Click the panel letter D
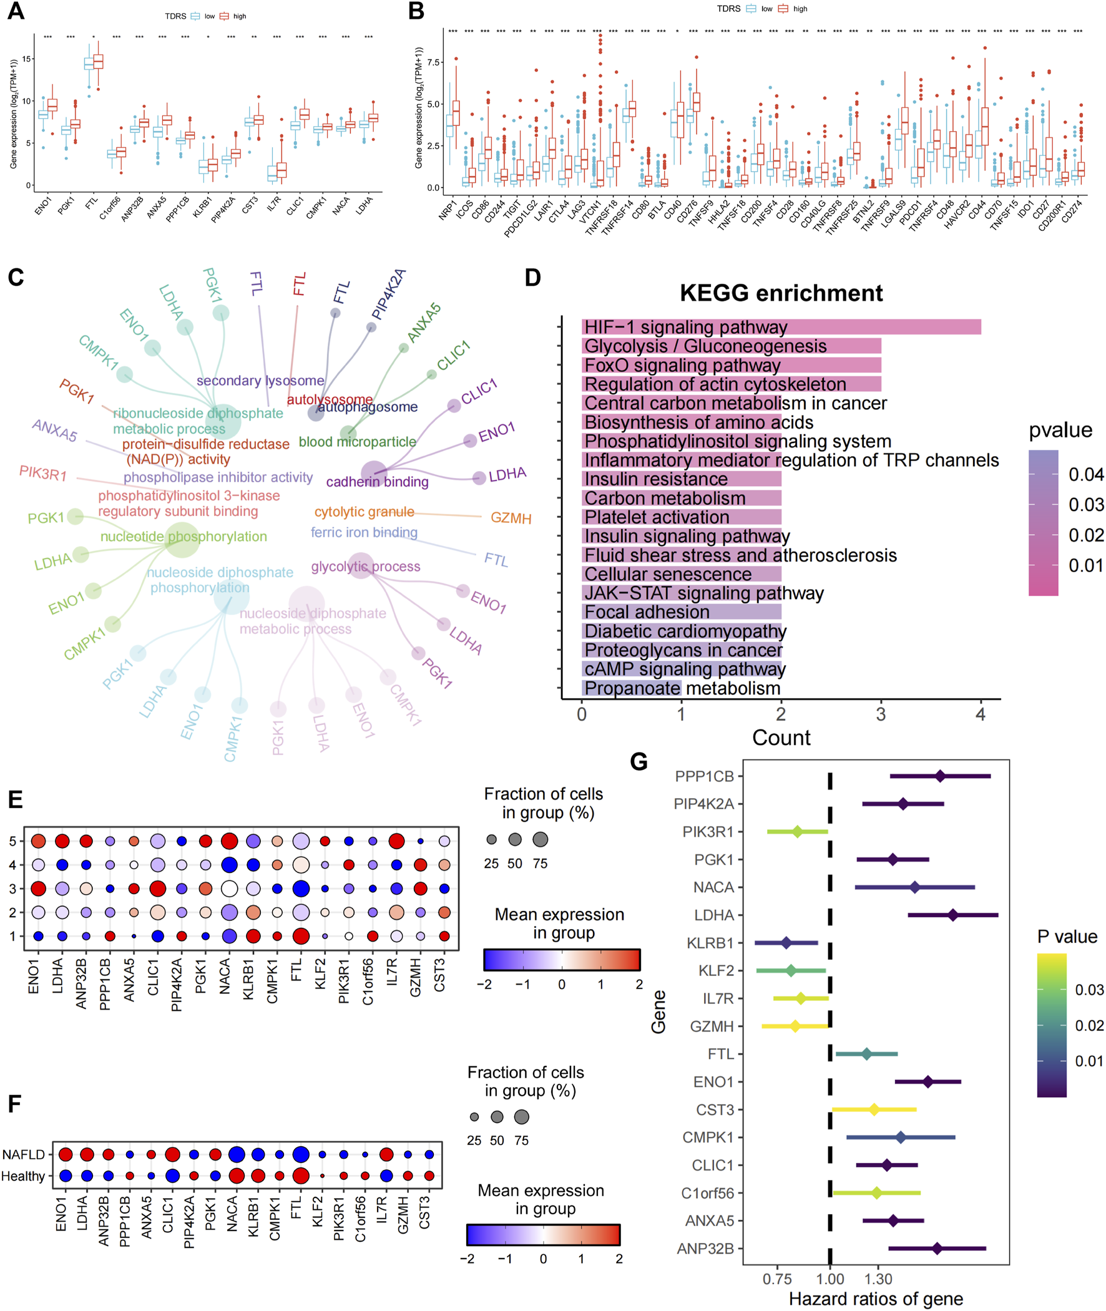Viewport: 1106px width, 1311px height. tap(532, 278)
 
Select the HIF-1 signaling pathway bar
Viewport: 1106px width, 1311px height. tap(781, 326)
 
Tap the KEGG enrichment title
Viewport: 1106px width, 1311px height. tap(781, 293)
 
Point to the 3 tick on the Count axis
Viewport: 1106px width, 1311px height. tap(881, 714)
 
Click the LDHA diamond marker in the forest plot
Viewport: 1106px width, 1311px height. tap(952, 915)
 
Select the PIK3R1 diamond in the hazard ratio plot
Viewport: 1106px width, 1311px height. tap(797, 832)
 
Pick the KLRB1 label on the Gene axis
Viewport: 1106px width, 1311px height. tap(710, 943)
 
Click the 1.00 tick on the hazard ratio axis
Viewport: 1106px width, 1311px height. tap(830, 1279)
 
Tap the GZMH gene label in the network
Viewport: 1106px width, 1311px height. tap(511, 519)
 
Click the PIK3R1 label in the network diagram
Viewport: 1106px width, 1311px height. tap(42, 473)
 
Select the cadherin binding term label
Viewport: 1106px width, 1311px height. tap(377, 482)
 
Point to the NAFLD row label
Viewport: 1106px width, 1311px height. tap(24, 1154)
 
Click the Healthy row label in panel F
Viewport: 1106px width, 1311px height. tap(23, 1176)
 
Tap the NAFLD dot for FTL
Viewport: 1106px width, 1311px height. tap(301, 1154)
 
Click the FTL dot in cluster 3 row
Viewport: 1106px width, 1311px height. tap(301, 889)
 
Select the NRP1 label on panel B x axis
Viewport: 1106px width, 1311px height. tap(447, 210)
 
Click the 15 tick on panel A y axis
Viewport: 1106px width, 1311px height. tap(26, 59)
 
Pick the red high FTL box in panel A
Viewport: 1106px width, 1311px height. tap(98, 61)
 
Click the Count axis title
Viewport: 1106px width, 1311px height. tap(781, 738)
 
